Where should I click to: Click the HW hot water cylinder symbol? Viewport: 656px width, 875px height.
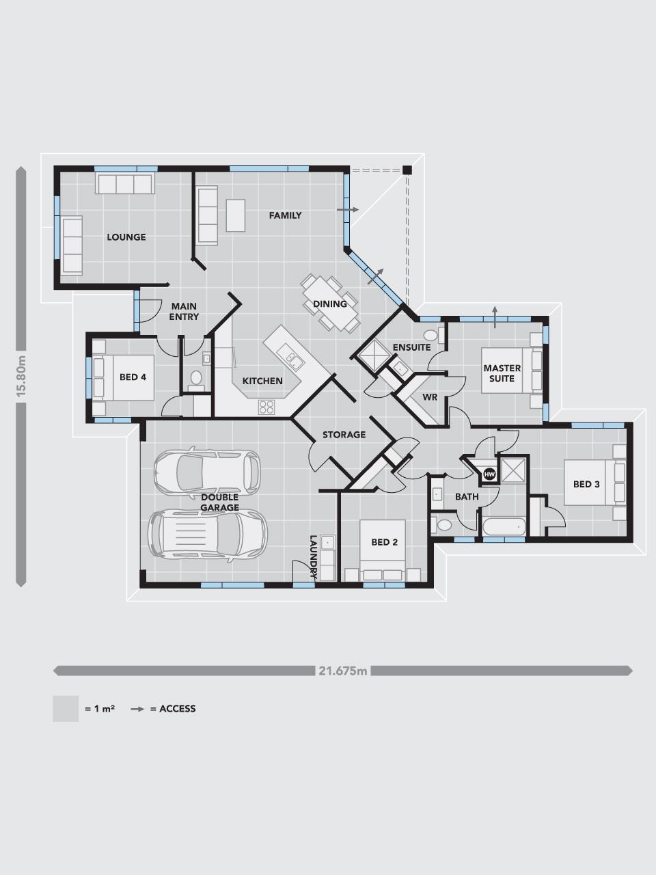[x=489, y=474]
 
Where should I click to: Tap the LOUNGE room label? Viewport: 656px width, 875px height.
[x=126, y=237]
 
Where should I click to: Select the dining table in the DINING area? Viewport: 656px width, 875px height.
[x=330, y=304]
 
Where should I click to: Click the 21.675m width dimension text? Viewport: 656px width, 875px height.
[x=343, y=671]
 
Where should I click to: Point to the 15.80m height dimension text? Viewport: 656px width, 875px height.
[x=21, y=376]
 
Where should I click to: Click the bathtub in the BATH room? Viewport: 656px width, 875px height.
[x=504, y=527]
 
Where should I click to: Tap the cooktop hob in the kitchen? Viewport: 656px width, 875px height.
[x=266, y=407]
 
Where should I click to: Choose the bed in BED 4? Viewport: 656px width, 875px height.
[x=124, y=377]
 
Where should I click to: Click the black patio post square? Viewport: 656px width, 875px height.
[x=407, y=170]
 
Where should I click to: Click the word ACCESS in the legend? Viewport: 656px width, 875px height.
[x=177, y=709]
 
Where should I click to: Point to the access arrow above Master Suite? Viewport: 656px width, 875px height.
[x=495, y=317]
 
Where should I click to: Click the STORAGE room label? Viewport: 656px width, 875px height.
[x=344, y=435]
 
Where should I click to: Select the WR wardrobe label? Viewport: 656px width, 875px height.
[x=430, y=397]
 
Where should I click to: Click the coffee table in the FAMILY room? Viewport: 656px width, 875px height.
[x=235, y=215]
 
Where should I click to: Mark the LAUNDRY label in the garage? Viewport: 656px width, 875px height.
[x=314, y=557]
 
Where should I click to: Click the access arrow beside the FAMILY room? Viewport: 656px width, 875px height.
[x=348, y=210]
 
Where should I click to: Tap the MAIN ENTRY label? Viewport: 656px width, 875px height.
[x=184, y=311]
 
